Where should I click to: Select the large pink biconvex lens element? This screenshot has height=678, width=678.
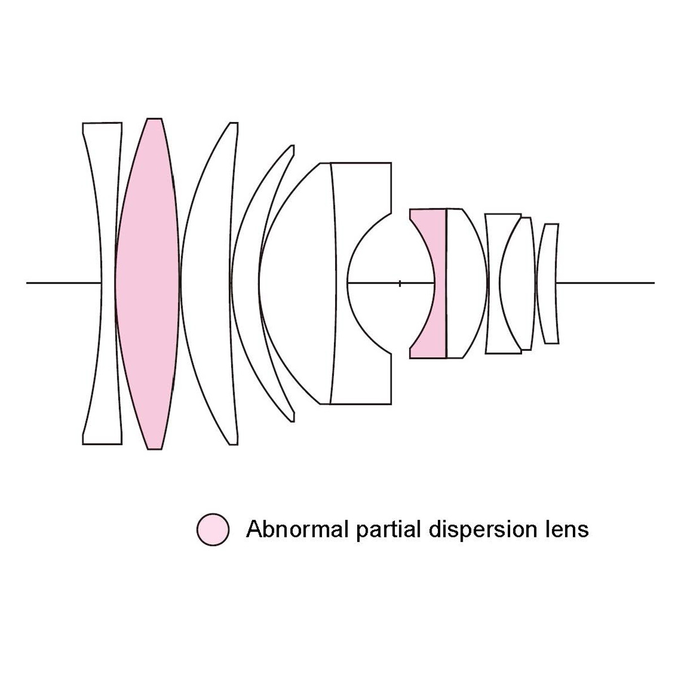coord(147,284)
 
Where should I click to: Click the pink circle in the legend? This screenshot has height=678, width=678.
coord(213,529)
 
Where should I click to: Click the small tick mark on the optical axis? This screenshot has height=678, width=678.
coord(399,284)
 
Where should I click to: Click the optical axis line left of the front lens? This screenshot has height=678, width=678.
coord(64,282)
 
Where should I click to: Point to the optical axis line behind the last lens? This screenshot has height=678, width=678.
coord(605,282)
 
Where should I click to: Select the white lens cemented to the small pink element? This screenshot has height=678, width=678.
coord(466,284)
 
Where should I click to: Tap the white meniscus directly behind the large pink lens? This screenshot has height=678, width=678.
coord(206,284)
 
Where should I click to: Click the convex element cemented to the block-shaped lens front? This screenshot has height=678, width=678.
coord(297,284)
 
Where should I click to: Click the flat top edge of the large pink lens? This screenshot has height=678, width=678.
coord(154,119)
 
